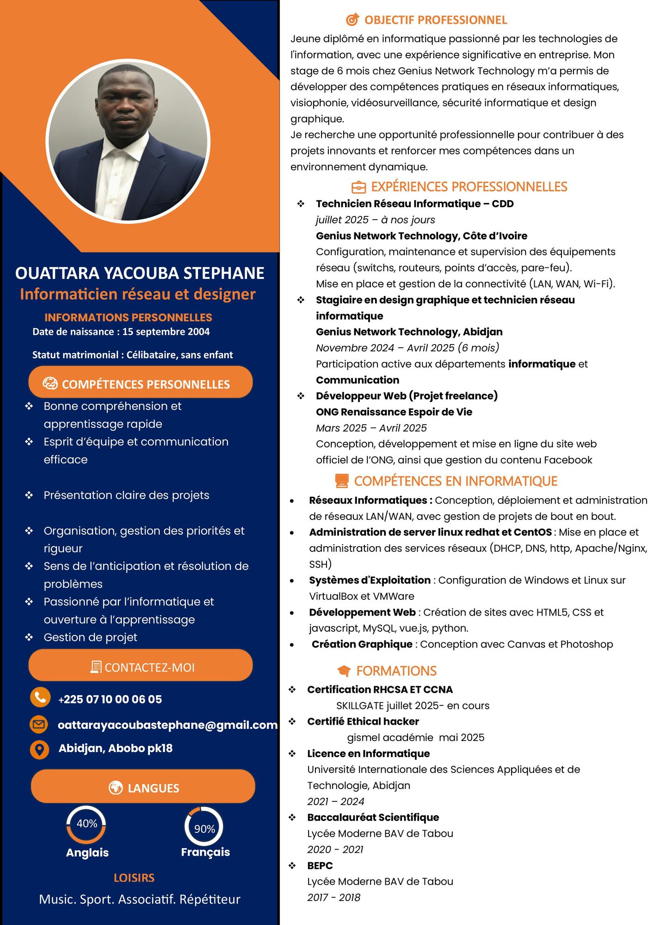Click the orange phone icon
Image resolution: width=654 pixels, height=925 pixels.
click(x=40, y=697)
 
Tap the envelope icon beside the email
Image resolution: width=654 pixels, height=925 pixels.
click(x=39, y=724)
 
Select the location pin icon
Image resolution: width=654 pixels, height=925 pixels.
click(x=39, y=749)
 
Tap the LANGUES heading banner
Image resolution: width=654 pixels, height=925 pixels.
click(x=143, y=788)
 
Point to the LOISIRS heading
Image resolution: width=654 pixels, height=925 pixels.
click(x=134, y=877)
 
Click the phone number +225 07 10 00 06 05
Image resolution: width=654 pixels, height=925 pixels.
click(x=110, y=699)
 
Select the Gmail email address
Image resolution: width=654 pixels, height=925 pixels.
click(x=167, y=725)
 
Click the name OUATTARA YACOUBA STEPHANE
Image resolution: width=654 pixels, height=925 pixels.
click(x=140, y=273)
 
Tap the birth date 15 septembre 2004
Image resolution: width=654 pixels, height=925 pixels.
click(x=166, y=332)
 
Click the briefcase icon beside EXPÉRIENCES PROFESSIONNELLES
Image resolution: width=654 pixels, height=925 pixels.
click(x=358, y=187)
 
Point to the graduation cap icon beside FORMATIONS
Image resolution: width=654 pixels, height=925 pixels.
click(x=344, y=671)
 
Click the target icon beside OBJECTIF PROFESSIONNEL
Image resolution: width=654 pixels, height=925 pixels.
click(x=352, y=20)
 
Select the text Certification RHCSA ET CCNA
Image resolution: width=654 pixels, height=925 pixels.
click(x=380, y=690)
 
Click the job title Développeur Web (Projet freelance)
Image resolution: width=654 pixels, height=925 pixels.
click(x=407, y=396)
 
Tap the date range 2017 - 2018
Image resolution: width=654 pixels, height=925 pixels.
click(x=333, y=898)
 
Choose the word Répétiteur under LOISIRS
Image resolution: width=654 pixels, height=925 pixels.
click(x=210, y=899)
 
